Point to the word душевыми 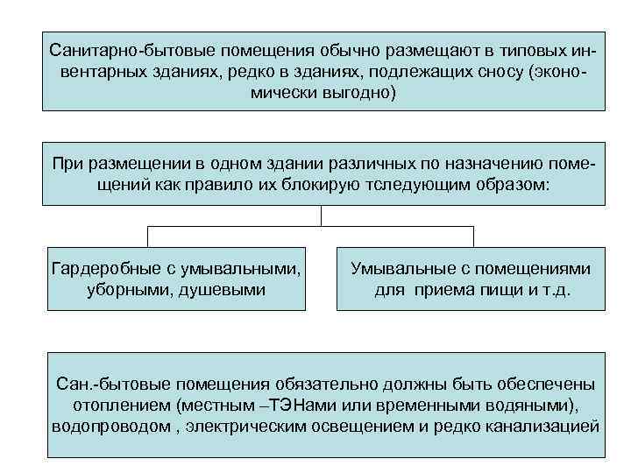tap(227, 288)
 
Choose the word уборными tap(133, 288)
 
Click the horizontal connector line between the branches tap(310, 227)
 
